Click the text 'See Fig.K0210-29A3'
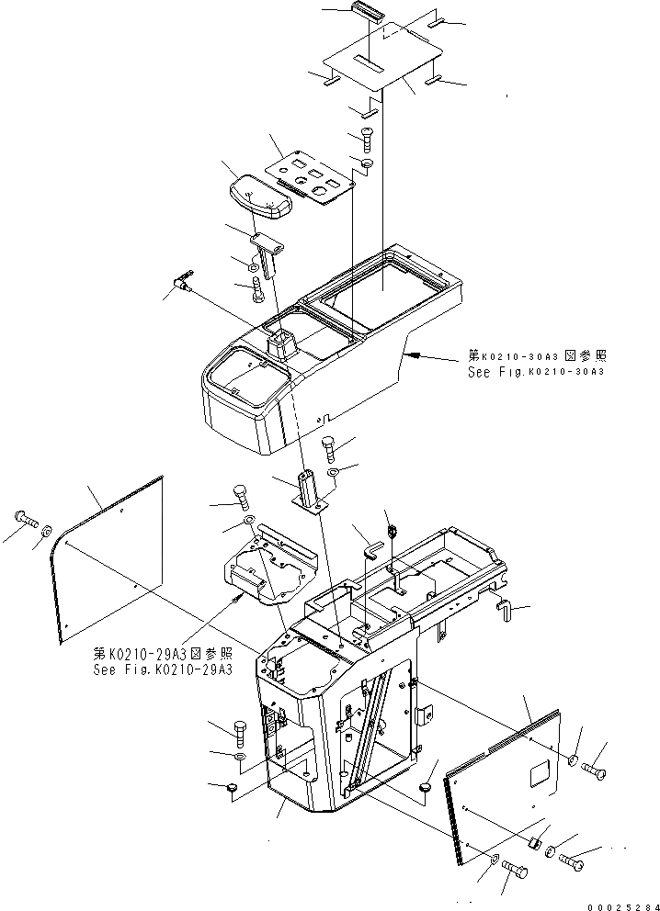point(162,669)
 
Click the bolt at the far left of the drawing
point(25,520)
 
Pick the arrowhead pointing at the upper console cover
point(413,353)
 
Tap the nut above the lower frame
point(390,531)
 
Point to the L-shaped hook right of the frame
point(505,606)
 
